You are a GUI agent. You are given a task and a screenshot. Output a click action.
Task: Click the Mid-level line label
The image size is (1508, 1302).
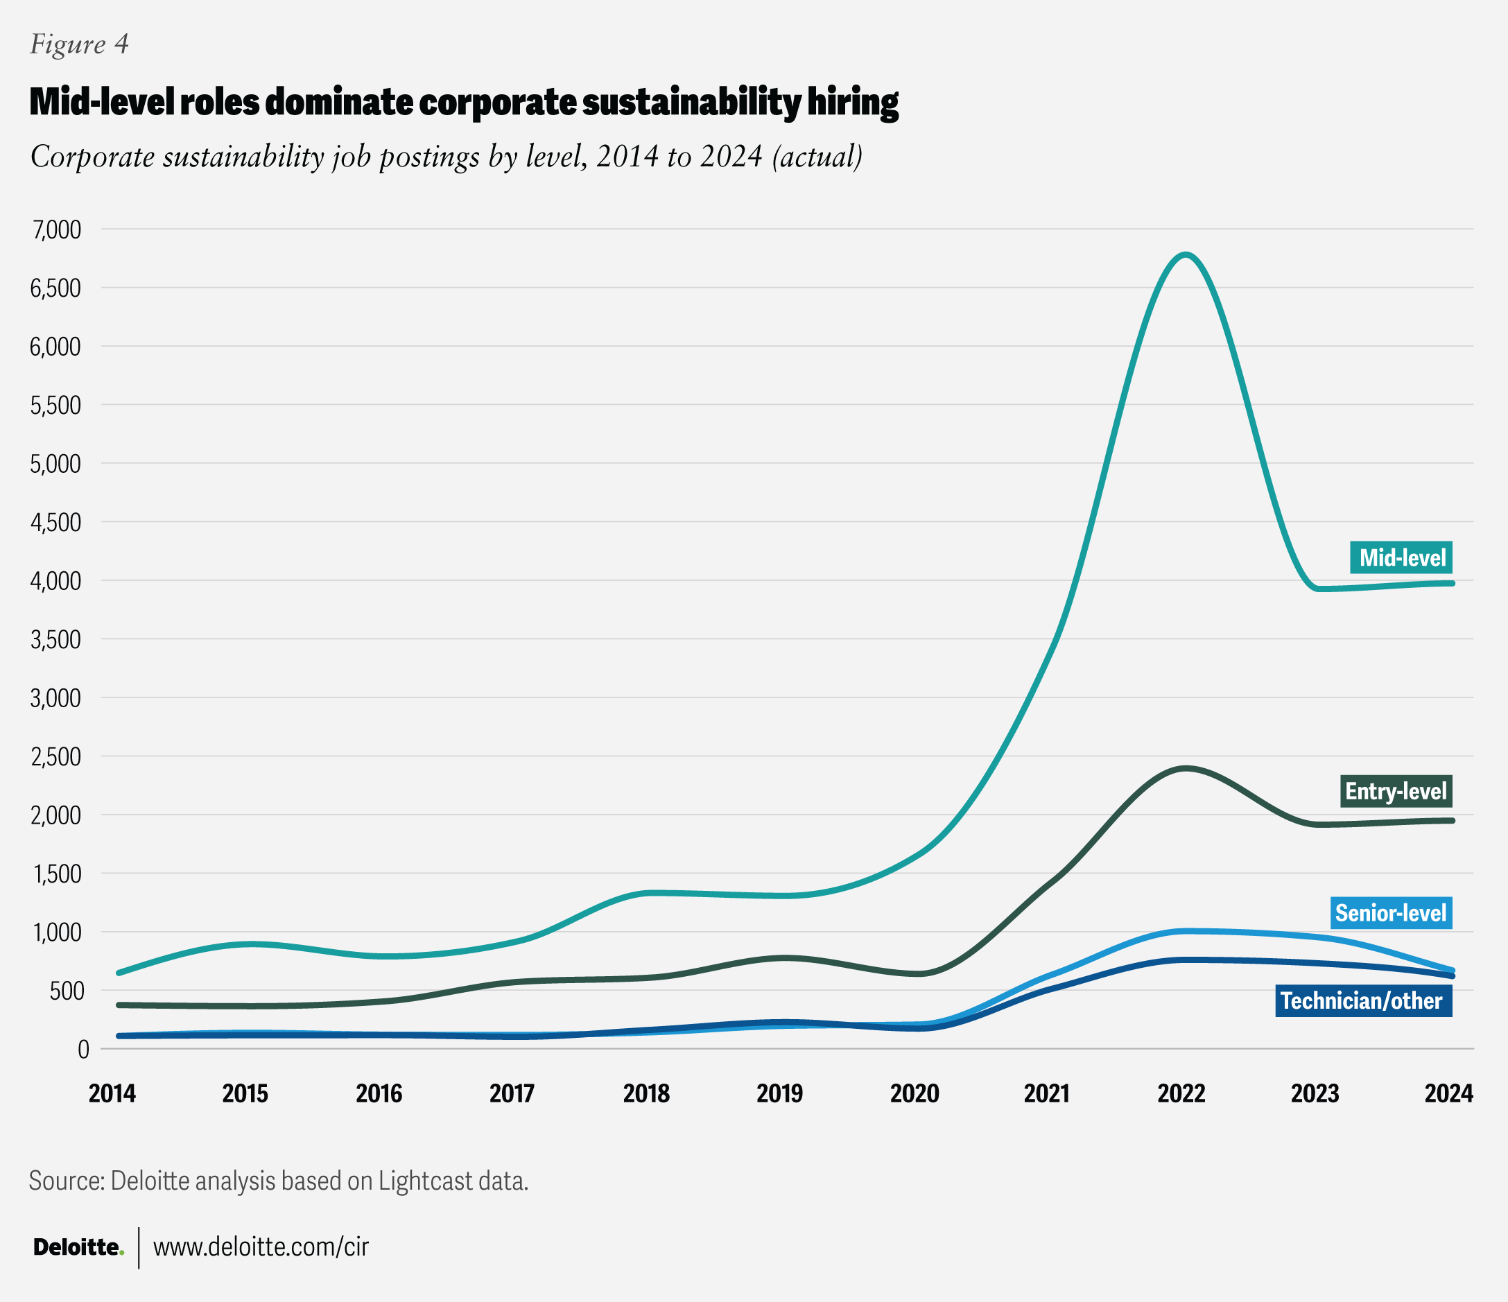(1401, 557)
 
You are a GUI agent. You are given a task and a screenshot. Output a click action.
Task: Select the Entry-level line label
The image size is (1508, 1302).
(1396, 791)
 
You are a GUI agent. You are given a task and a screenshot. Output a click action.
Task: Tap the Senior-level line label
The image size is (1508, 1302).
(1391, 912)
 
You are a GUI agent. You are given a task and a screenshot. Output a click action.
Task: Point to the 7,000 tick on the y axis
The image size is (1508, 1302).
(55, 229)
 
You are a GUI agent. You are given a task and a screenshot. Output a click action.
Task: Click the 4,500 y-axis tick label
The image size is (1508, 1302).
(55, 522)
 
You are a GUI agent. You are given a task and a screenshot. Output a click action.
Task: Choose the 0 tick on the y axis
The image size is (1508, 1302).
(83, 1049)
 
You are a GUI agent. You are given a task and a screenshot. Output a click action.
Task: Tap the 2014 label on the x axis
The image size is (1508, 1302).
(112, 1093)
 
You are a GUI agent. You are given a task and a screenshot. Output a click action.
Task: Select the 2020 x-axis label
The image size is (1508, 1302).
(914, 1093)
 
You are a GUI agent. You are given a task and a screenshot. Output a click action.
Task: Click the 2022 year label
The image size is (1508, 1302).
(1181, 1093)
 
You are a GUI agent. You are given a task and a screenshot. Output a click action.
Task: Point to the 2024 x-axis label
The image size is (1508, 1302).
(1448, 1093)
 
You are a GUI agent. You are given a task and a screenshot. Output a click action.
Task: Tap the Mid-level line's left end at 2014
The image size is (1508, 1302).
(119, 972)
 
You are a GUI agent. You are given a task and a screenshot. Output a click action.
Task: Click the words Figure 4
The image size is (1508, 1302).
(79, 44)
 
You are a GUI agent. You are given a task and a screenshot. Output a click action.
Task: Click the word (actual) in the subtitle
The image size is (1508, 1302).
(817, 157)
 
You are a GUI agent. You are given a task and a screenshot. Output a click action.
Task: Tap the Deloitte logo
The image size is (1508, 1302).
(78, 1247)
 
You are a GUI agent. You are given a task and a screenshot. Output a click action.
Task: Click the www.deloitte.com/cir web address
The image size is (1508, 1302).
(261, 1247)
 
